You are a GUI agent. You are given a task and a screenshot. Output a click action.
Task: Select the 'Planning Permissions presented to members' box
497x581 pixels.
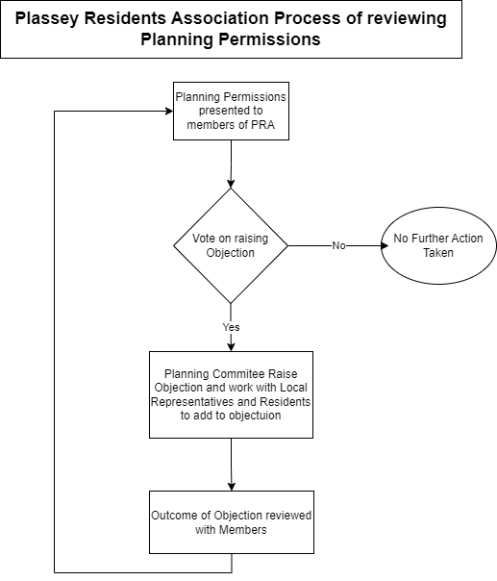231,112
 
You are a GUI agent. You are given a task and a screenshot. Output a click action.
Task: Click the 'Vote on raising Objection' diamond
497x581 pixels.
231,245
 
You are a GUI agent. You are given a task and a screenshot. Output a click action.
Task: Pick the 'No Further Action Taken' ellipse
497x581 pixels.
438,245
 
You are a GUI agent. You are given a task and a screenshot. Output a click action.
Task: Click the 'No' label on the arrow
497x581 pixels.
338,245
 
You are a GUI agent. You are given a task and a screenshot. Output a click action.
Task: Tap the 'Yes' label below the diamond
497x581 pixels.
231,327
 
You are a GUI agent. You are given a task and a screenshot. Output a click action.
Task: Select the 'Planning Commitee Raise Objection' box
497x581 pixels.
231,394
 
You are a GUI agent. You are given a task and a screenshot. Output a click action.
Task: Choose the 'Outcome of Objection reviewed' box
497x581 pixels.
232,522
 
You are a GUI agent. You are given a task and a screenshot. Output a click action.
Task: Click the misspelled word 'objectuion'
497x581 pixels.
255,416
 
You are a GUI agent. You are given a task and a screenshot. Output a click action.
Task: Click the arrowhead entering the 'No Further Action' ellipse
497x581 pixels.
385,245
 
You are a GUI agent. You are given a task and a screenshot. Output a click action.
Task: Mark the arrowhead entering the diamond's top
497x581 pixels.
231,184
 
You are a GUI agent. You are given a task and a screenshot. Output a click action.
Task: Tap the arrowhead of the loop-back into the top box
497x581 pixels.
169,111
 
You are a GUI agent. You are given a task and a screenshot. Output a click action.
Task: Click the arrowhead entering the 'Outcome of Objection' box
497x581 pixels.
232,487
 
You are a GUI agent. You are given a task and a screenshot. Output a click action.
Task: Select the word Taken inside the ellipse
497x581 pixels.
438,253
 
